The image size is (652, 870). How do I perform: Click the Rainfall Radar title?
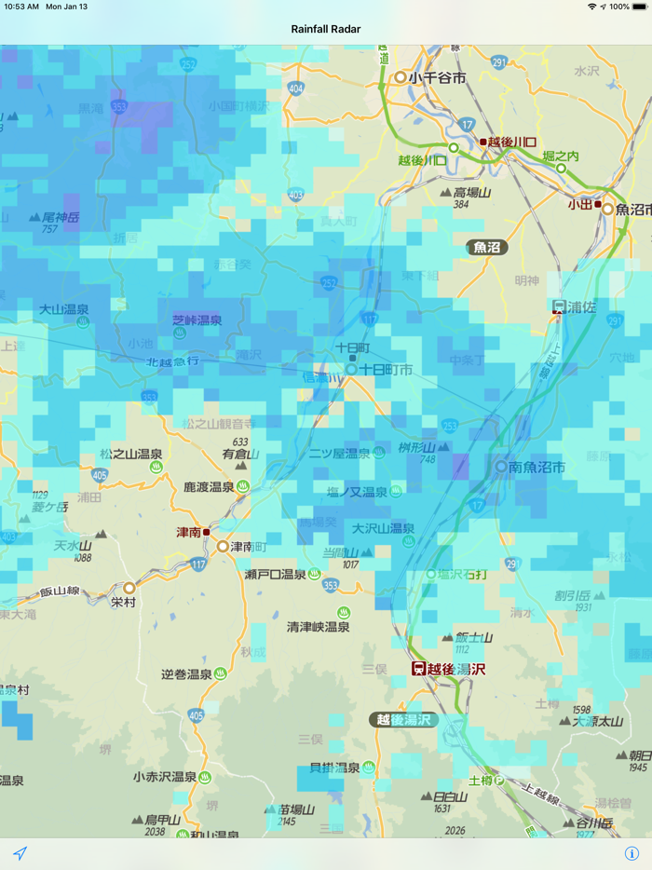coord(325,29)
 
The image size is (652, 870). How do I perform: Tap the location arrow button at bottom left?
coord(20,853)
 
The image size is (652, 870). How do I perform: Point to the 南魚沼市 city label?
coord(537,467)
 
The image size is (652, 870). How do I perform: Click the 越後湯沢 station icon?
coord(420,669)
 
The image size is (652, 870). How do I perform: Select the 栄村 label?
coord(123,603)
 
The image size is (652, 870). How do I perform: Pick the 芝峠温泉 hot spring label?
coord(197,320)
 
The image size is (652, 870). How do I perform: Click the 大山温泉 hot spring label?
coord(64,309)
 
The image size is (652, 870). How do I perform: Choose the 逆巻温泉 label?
coord(187,674)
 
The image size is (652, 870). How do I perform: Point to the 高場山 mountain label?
coord(472,193)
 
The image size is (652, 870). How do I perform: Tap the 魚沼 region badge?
coord(487,247)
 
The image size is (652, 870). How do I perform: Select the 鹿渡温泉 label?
coord(209,487)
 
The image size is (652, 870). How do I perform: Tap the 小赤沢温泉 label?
coord(169,777)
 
